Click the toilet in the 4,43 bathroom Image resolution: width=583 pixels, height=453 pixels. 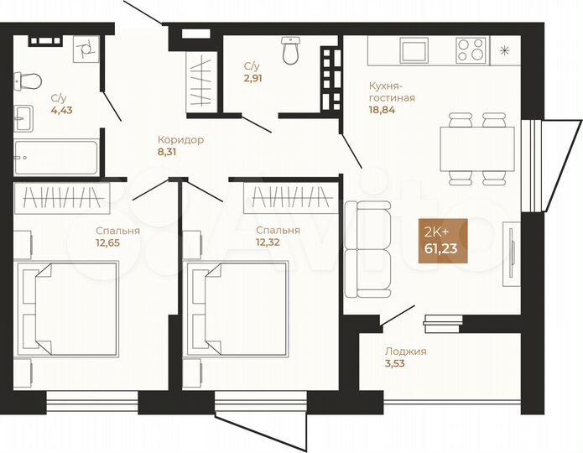29,81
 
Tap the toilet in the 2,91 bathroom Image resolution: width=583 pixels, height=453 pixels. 291,50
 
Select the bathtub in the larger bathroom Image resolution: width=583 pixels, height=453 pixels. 56,156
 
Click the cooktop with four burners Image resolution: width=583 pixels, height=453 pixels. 471,49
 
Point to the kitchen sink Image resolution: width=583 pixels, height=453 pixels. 414,49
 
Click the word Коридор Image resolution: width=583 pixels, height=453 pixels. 180,140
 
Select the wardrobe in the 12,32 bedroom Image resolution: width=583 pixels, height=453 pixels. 286,197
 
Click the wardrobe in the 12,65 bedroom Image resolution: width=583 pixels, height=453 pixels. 62,197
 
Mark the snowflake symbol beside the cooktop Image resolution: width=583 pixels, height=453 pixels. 503,50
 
